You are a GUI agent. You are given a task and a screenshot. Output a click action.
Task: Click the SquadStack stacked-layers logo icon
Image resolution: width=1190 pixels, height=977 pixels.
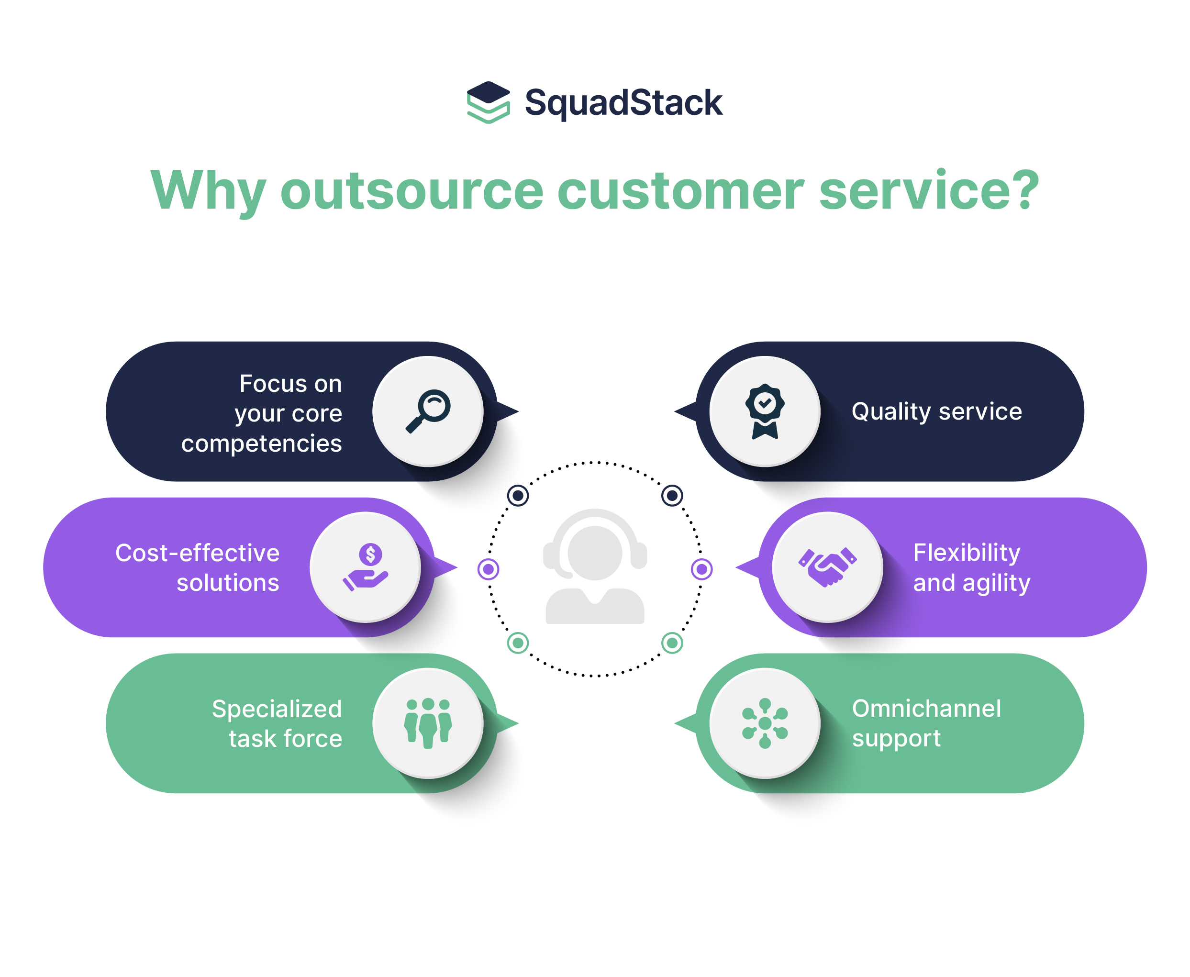pos(488,102)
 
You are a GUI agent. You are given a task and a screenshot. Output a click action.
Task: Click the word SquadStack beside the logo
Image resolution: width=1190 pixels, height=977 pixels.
pos(623,103)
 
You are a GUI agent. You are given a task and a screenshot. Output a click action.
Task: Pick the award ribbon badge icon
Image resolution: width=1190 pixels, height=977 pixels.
pos(765,411)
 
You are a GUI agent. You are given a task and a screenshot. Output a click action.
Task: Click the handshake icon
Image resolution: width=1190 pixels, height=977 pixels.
pos(827,567)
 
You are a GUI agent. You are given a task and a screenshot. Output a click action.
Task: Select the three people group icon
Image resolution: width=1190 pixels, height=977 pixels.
pos(428,722)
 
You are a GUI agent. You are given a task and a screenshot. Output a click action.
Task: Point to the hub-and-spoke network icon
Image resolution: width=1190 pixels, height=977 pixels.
pos(765,722)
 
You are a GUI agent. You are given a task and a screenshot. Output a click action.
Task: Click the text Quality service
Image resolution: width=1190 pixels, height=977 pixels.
pos(936,411)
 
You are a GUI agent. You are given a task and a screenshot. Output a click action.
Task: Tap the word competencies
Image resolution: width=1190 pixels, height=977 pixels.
pos(261,444)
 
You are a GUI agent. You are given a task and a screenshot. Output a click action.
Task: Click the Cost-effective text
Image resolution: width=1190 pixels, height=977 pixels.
pos(197,553)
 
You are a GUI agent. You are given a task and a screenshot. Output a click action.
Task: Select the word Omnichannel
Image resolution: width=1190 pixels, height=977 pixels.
pos(926,708)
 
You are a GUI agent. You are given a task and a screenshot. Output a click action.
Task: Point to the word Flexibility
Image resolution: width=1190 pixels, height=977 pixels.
pos(966,552)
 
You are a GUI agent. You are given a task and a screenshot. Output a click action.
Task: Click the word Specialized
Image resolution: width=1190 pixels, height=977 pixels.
pos(277,709)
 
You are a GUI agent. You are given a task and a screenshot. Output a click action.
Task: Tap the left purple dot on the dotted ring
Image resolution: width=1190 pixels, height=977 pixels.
pos(488,569)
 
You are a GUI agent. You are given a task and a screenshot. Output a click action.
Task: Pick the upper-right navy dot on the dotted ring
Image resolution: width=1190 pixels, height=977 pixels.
pos(671,495)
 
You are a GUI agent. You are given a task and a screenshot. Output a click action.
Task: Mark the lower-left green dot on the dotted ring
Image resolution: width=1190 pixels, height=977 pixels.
pos(517,642)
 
